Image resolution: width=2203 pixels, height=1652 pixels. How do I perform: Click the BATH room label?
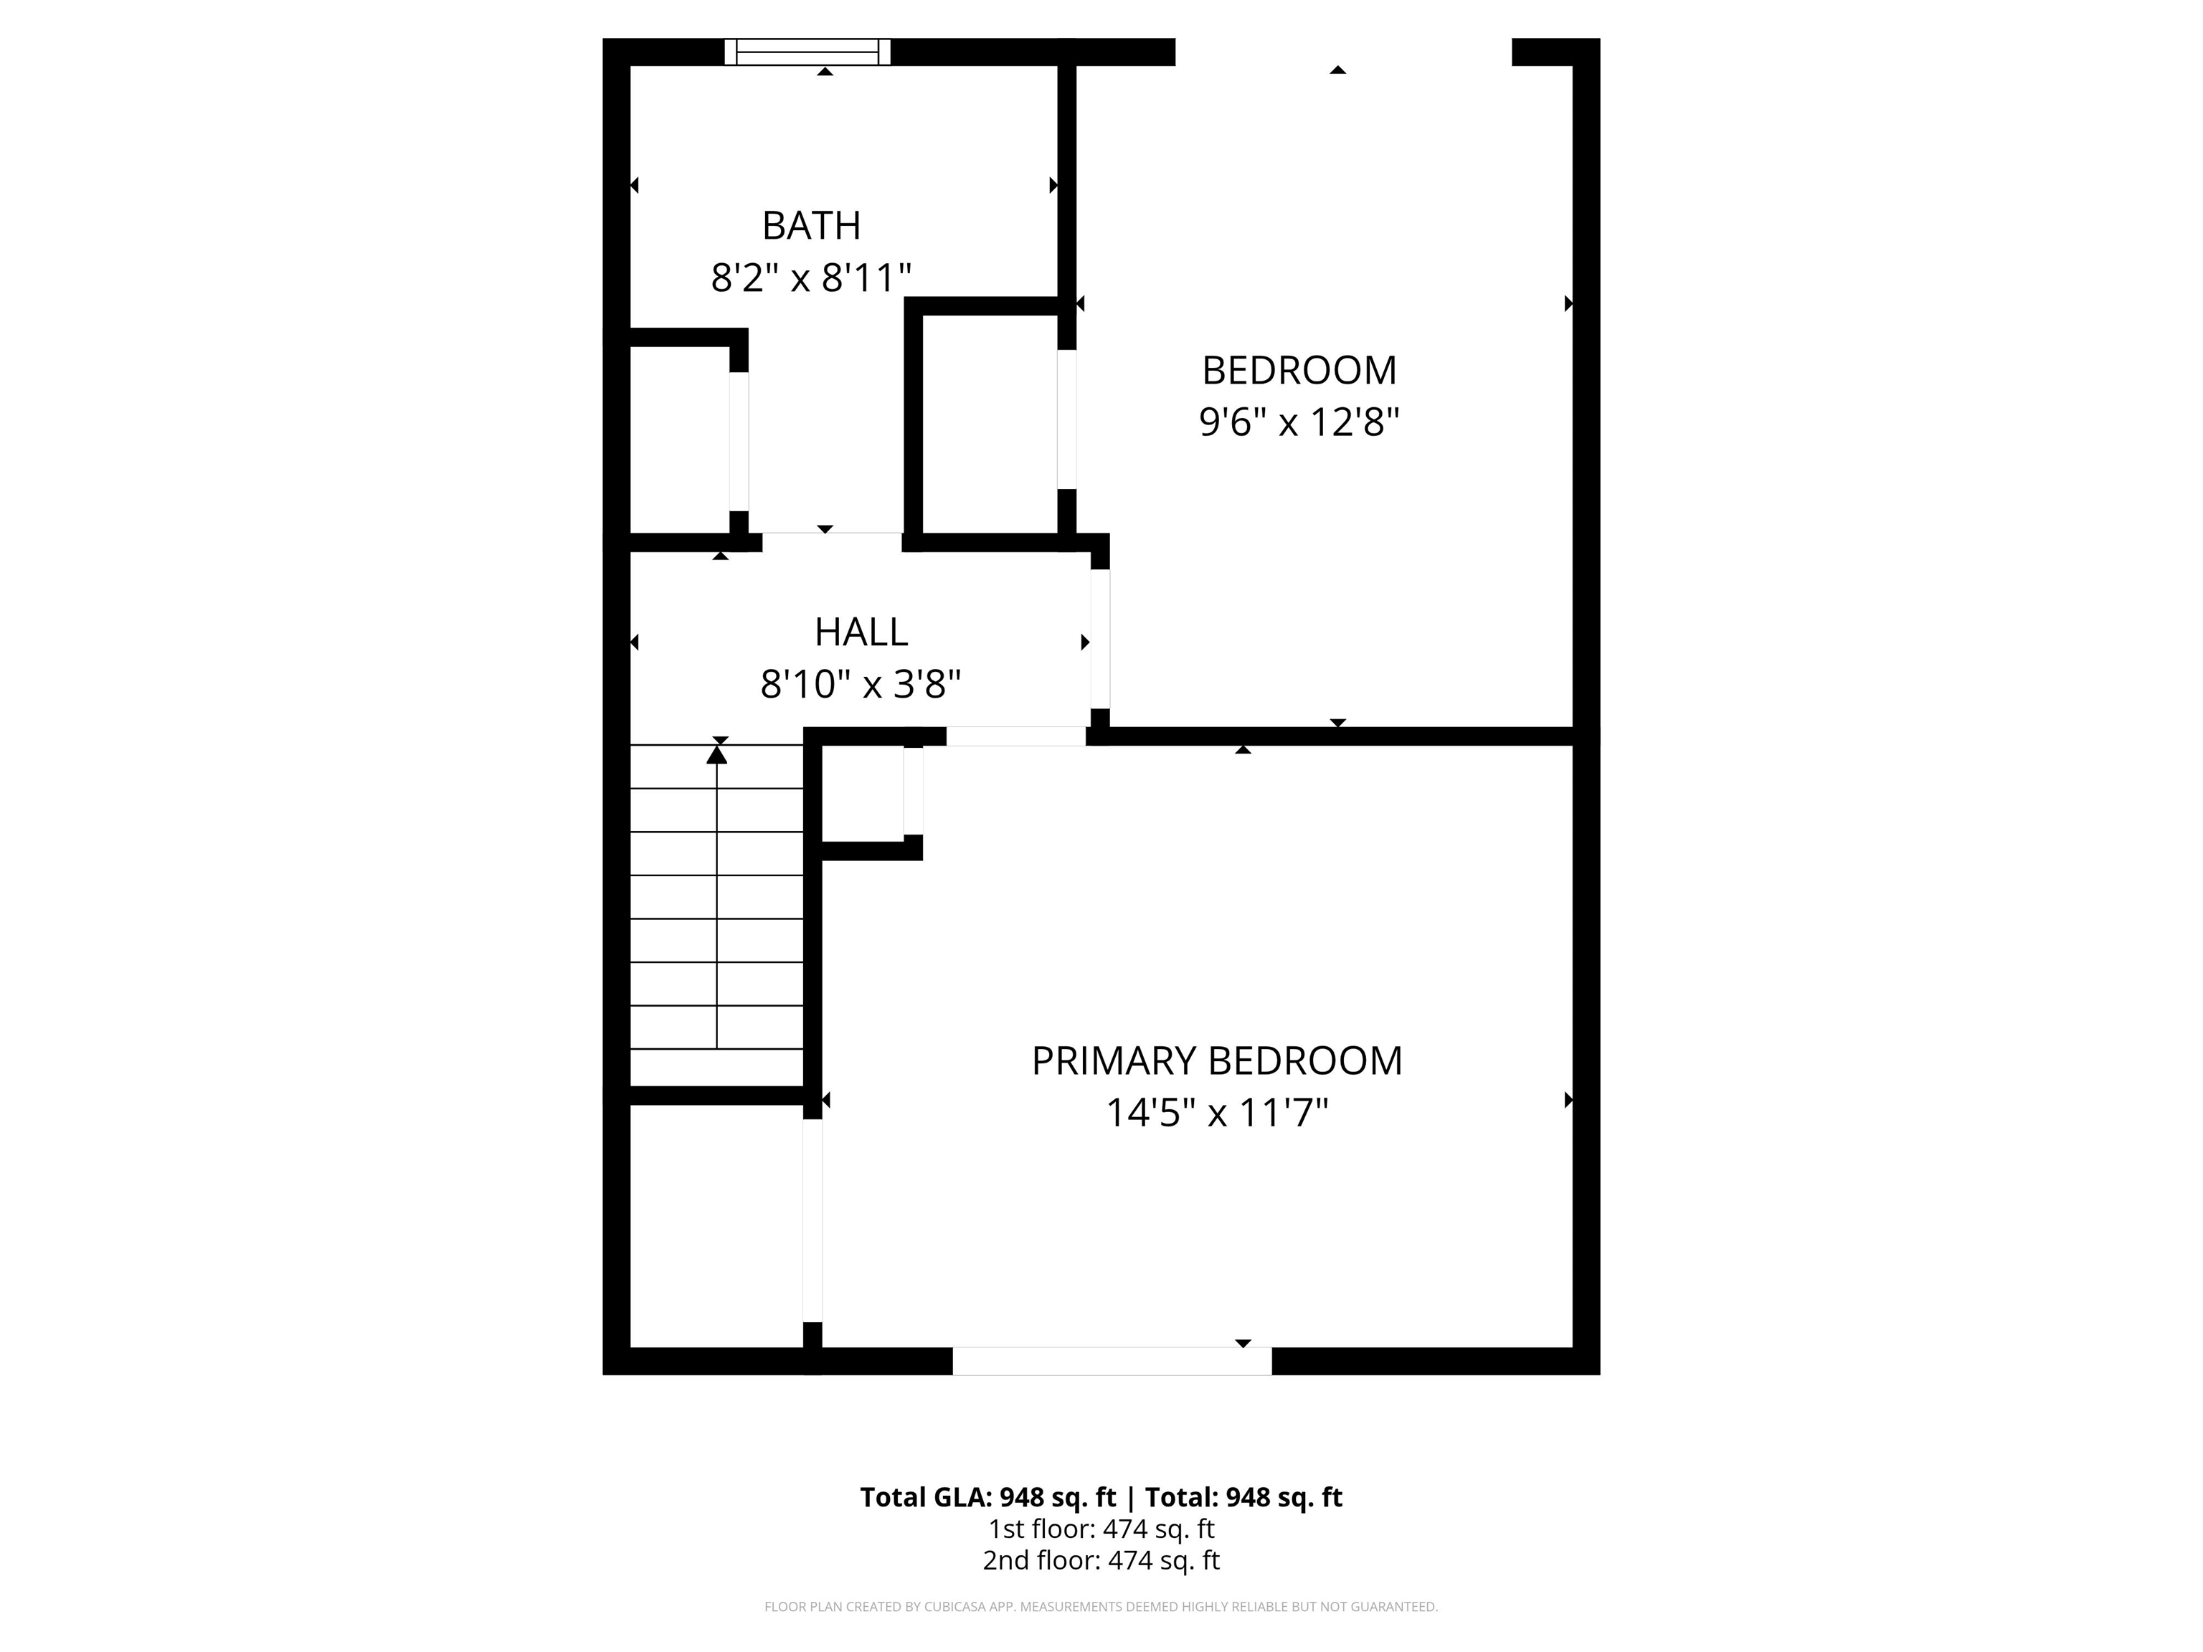tap(810, 226)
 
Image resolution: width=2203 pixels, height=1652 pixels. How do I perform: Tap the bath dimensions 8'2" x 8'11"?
tap(810, 277)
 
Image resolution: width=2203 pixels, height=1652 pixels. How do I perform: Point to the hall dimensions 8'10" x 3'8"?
tap(861, 685)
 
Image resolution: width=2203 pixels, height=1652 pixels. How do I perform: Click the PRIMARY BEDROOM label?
tap(1216, 1061)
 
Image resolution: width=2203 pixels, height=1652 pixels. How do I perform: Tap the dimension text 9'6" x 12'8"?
tap(1299, 422)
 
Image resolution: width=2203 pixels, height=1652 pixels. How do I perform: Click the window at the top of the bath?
tap(807, 52)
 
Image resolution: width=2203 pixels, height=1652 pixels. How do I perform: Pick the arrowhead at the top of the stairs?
tap(717, 756)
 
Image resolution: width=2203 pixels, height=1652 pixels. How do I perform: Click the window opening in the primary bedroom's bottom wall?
tap(1112, 1361)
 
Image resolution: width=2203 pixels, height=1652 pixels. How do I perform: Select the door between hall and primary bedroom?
tap(1015, 737)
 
